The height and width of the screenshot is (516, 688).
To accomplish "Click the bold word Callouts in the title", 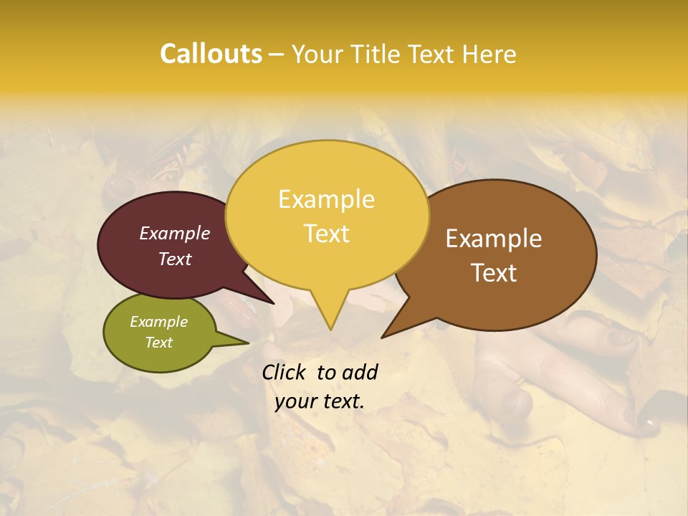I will click(x=211, y=54).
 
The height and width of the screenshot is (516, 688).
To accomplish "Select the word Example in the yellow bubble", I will click(x=326, y=199).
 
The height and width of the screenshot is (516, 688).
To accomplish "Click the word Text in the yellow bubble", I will click(x=326, y=234).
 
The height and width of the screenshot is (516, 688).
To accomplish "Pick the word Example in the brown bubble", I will click(x=494, y=239).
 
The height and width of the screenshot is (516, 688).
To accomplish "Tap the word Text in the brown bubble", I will click(x=494, y=273).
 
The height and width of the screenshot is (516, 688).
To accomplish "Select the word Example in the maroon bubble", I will click(x=175, y=233).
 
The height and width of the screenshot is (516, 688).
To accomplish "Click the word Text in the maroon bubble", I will click(x=175, y=259).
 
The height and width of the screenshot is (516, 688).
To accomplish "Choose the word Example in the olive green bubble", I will click(x=158, y=322).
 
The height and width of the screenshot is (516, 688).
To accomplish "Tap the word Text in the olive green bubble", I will click(x=158, y=343).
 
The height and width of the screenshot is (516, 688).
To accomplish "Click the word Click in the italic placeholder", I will click(x=284, y=372).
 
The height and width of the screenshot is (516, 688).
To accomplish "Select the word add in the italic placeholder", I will click(x=360, y=372).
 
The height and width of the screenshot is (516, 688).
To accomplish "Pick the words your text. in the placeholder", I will click(x=320, y=402).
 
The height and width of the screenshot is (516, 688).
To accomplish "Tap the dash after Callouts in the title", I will click(x=277, y=54).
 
